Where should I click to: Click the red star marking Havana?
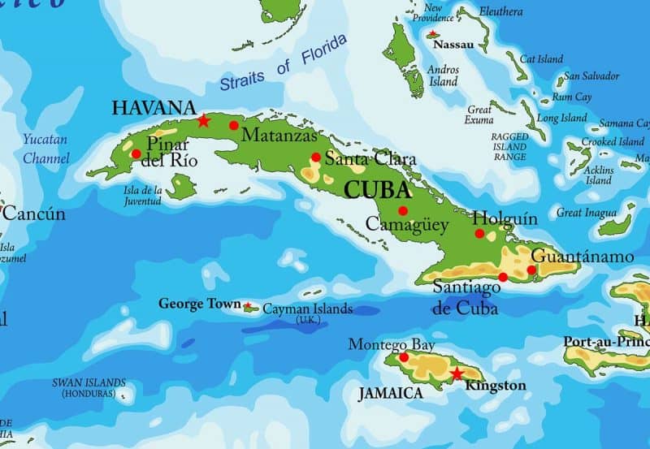coord(203,121)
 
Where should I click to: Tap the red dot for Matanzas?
coord(234,125)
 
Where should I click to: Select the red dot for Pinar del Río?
coord(136,153)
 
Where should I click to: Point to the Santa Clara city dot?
coord(315,158)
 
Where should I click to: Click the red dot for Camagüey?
coord(402,210)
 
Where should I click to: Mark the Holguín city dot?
coord(479,234)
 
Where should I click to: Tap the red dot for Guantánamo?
coord(531,270)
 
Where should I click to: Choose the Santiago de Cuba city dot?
coord(503,277)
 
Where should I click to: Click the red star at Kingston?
coord(457,373)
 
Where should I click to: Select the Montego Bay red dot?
coord(404,357)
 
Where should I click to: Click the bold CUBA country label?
coord(378,190)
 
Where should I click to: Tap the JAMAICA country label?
coord(391,393)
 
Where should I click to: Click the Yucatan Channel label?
coord(45,149)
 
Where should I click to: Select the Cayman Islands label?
coord(307,309)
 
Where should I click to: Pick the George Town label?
coord(199,304)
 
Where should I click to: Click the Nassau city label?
coord(453,45)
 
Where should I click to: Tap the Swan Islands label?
coord(89,387)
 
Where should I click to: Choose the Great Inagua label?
coord(581,213)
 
